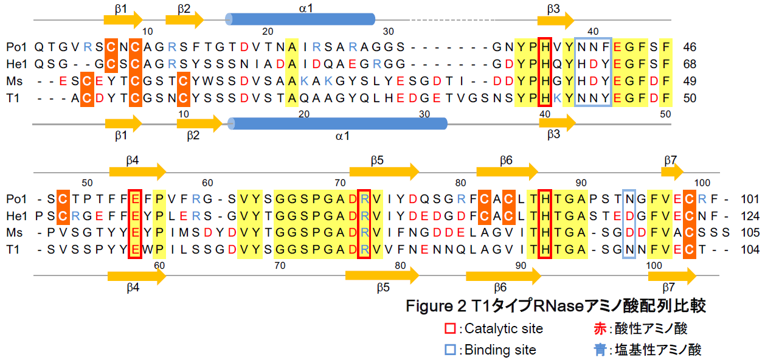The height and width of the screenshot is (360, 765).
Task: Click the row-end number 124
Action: (x=750, y=216)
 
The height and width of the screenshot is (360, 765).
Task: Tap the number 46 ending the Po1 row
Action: (x=690, y=47)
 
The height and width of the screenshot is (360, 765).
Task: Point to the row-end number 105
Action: (x=750, y=233)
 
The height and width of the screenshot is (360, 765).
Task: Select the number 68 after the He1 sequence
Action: (x=690, y=64)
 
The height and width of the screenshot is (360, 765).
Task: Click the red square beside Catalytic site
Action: (x=450, y=329)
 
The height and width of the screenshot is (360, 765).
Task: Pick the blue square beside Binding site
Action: (x=450, y=350)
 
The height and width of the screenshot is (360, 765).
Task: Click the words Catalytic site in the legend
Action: (x=504, y=329)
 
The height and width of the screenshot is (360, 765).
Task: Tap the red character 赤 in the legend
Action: (x=600, y=329)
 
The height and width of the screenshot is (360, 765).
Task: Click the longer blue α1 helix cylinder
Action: (x=338, y=123)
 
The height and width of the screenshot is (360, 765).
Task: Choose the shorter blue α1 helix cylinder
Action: (x=300, y=19)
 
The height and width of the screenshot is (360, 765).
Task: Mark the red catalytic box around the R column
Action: (x=364, y=224)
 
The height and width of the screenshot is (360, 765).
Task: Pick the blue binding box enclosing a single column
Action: (x=629, y=224)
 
